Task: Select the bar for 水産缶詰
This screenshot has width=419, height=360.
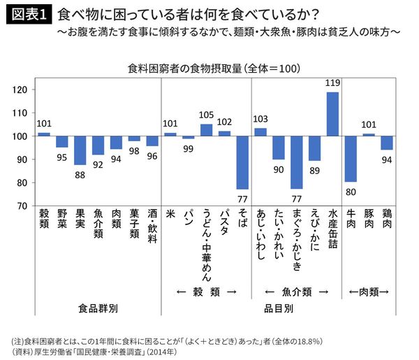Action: click(x=332, y=114)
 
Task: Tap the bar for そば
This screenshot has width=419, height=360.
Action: click(x=242, y=162)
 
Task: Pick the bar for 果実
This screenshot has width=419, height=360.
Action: click(x=80, y=150)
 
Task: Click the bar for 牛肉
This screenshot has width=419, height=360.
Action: click(x=351, y=159)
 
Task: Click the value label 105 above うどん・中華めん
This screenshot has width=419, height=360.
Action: click(x=206, y=116)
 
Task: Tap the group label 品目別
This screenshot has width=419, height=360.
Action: click(x=279, y=308)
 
